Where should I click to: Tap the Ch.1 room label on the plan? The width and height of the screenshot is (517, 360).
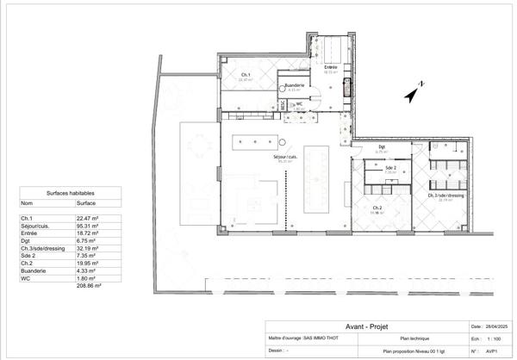point(246,76)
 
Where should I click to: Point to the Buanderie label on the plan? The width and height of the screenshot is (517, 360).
point(294,85)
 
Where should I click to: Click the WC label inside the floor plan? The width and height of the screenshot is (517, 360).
point(299,103)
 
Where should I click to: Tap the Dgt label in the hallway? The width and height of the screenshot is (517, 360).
point(382,147)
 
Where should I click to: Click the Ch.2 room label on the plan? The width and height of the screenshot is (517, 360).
point(377,208)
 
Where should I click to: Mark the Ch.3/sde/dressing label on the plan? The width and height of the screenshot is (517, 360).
point(445,196)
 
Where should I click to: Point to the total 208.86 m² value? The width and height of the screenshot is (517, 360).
point(89,285)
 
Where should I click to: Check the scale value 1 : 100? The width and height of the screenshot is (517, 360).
point(499,339)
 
